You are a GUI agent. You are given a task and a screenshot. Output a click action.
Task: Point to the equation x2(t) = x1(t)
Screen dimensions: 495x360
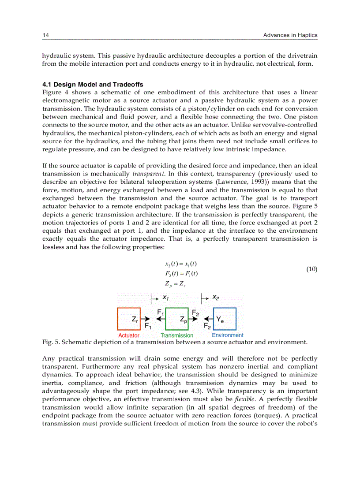click(x=180, y=264)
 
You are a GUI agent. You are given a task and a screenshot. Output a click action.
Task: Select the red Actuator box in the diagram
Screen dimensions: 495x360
click(x=128, y=319)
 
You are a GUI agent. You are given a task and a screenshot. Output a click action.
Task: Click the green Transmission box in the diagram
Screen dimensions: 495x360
click(x=176, y=319)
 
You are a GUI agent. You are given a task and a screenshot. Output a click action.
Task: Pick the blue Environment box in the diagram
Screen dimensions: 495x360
click(x=225, y=319)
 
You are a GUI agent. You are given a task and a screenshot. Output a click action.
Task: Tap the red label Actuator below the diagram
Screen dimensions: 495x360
click(x=129, y=335)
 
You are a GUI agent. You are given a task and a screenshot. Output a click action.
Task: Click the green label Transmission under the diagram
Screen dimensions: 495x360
click(x=176, y=335)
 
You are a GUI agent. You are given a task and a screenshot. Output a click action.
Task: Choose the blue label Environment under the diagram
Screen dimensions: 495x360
click(x=227, y=335)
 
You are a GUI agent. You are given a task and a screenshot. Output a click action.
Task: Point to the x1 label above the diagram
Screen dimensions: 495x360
click(x=166, y=298)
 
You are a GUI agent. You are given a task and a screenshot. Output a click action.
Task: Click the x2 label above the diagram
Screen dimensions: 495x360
click(x=216, y=298)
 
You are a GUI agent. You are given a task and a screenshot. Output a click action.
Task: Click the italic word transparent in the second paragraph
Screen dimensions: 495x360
click(x=147, y=174)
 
